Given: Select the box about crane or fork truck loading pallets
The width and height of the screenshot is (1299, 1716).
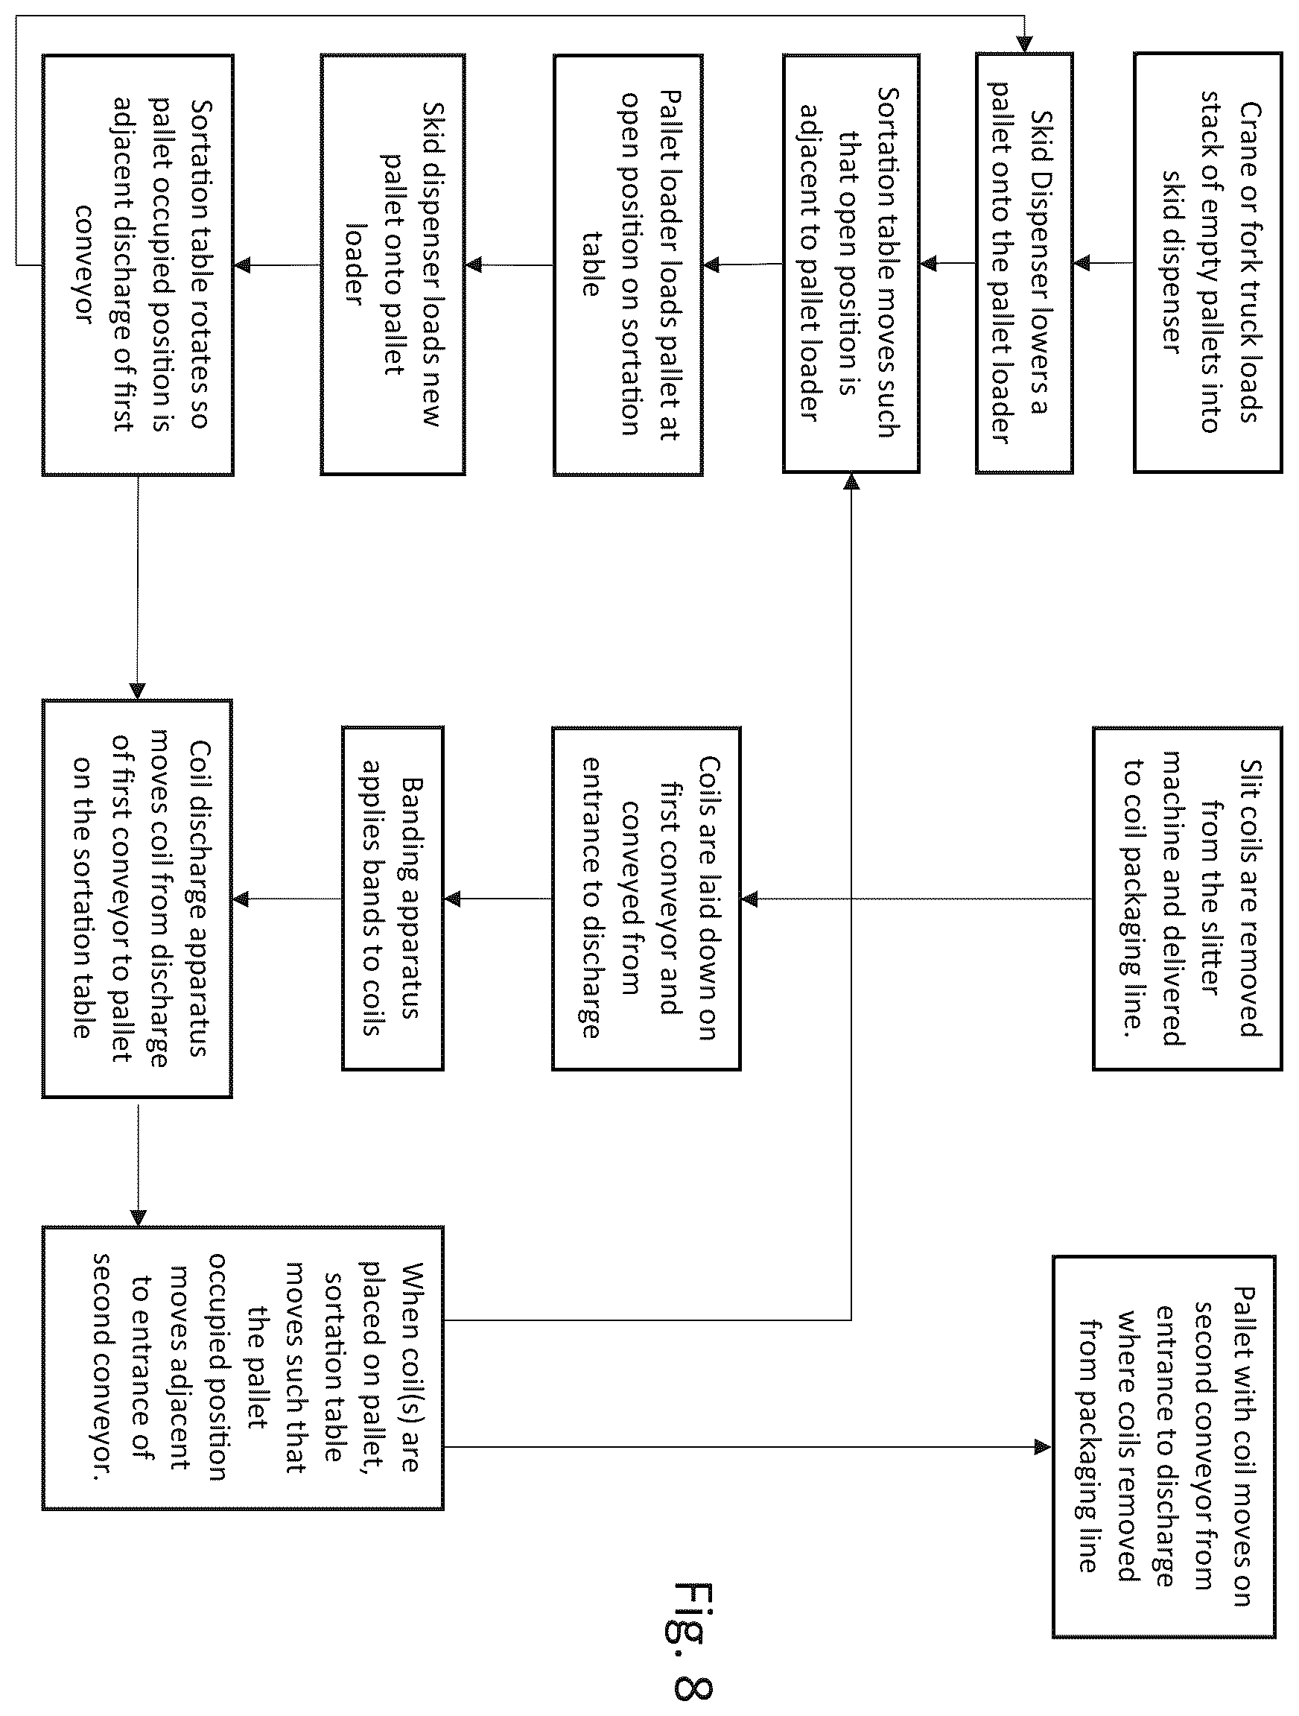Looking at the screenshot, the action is (x=1207, y=262).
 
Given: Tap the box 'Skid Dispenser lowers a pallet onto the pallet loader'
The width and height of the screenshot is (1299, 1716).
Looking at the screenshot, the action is (x=1023, y=262).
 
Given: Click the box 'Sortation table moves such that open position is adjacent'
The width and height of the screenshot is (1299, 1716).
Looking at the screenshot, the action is (x=851, y=262).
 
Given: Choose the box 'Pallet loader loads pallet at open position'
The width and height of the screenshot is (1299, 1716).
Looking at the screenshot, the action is (x=628, y=264).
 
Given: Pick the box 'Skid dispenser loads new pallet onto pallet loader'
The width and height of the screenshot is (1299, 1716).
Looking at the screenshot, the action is (x=393, y=264).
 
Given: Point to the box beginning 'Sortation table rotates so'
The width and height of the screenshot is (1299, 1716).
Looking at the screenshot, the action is (x=137, y=264).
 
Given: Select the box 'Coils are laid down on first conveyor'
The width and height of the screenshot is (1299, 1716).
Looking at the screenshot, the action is (x=646, y=899).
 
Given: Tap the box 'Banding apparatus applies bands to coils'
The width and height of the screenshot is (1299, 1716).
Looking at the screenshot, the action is (x=393, y=899).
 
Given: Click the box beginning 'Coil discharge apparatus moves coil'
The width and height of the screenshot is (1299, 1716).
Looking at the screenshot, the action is (x=137, y=899).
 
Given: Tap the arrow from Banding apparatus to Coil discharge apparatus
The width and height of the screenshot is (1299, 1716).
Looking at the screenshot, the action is (x=287, y=899).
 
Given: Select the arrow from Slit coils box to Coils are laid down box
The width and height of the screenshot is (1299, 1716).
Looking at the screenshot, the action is (x=917, y=899).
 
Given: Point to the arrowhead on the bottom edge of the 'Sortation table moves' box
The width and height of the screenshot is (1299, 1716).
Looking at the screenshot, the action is (x=851, y=481).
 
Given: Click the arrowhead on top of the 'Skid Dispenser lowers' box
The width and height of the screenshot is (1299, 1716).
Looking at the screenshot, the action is (x=1024, y=44).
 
